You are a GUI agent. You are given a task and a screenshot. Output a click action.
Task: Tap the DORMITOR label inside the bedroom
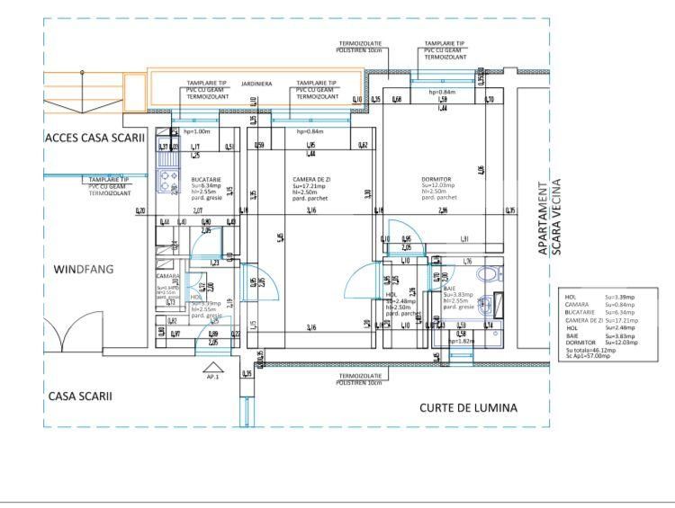coord(436,179)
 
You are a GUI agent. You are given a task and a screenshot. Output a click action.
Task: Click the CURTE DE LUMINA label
coord(468,407)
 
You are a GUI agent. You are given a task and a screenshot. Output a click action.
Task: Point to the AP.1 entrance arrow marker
coord(212,368)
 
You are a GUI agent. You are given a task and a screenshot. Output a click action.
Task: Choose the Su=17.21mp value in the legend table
coord(621,320)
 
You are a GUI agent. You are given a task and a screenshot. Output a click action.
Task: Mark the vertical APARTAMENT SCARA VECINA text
coord(549,220)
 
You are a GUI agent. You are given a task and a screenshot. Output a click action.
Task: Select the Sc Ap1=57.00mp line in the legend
coord(589,356)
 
